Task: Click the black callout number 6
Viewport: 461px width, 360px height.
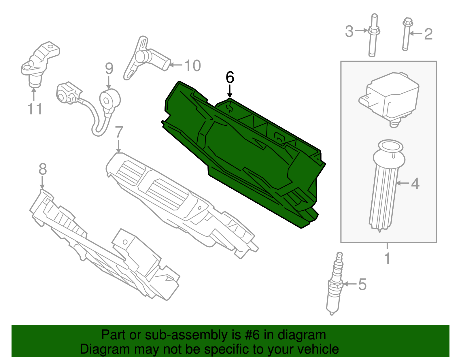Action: coord(230,78)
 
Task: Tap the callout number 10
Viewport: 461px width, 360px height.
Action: coord(192,66)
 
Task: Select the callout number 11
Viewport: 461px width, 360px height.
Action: coord(35,109)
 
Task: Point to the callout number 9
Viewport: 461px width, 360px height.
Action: coord(109,68)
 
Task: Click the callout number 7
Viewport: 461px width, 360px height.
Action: coord(119,132)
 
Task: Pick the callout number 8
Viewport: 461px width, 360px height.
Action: coord(42,169)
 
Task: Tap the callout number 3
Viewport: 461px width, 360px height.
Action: coord(349,31)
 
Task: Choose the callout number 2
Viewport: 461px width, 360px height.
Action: coord(428,34)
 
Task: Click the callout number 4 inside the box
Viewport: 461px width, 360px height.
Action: coord(415,184)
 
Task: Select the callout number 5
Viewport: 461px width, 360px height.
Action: coord(362,284)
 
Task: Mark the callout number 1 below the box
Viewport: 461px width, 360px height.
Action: coord(387,258)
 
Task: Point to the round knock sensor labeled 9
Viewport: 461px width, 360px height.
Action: coord(109,99)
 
